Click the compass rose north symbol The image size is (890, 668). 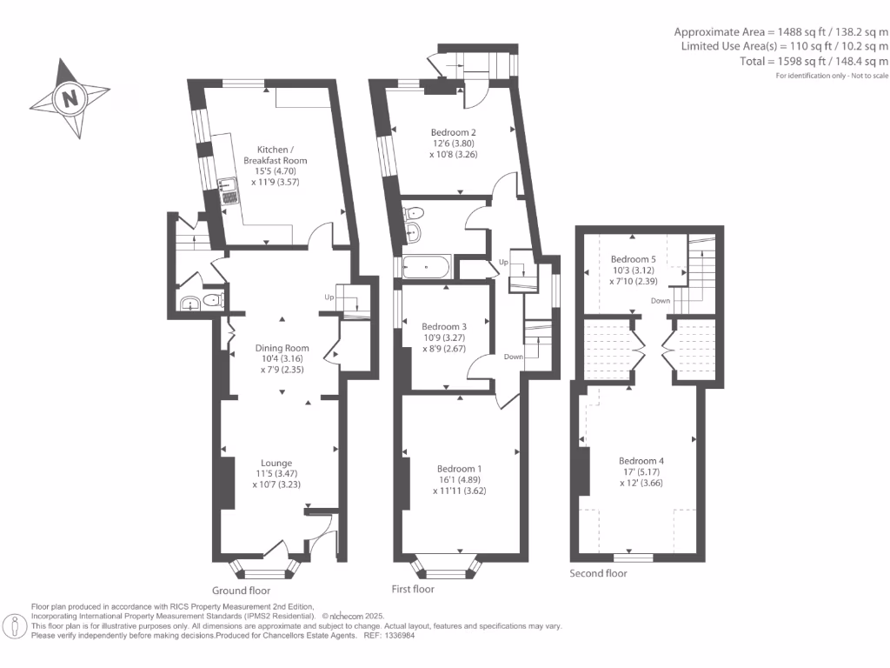click(70, 97)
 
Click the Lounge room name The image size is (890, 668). click(277, 463)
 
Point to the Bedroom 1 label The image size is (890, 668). click(459, 468)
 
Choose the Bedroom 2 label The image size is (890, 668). click(453, 132)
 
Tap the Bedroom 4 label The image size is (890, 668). click(641, 460)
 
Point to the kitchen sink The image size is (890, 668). click(229, 184)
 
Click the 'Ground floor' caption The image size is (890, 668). click(241, 590)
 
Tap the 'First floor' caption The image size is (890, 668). click(413, 589)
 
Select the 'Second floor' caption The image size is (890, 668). click(598, 573)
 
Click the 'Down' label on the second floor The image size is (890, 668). click(661, 300)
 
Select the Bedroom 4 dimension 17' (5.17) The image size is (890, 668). click(641, 472)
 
